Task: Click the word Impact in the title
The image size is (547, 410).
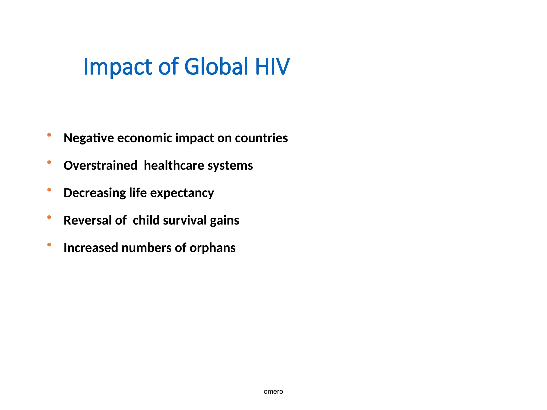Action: pyautogui.click(x=118, y=67)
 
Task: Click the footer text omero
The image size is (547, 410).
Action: pyautogui.click(x=273, y=392)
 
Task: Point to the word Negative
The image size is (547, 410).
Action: pyautogui.click(x=89, y=138)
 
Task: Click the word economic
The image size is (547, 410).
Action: pyautogui.click(x=144, y=138)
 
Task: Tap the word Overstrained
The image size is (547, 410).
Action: pyautogui.click(x=100, y=165)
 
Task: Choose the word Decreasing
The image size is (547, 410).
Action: pyautogui.click(x=95, y=193)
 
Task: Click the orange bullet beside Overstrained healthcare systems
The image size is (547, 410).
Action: pyautogui.click(x=49, y=162)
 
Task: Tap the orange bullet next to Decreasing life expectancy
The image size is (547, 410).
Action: pyautogui.click(x=49, y=190)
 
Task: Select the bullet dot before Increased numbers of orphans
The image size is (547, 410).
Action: pyautogui.click(x=49, y=245)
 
